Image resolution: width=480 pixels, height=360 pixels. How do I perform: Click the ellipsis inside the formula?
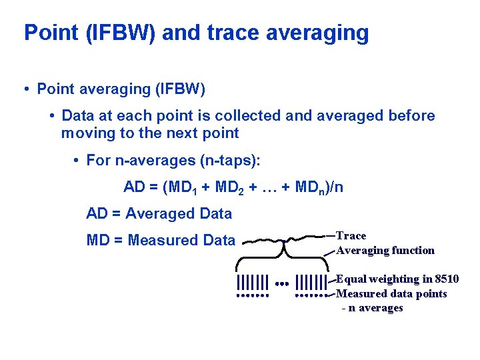[269, 187]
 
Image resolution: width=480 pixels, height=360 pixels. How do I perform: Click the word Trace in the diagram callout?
[351, 235]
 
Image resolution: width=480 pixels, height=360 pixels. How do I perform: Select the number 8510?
[446, 279]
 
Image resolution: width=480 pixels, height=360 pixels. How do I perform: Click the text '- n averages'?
[373, 308]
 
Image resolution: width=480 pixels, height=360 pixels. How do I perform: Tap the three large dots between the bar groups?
[281, 283]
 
